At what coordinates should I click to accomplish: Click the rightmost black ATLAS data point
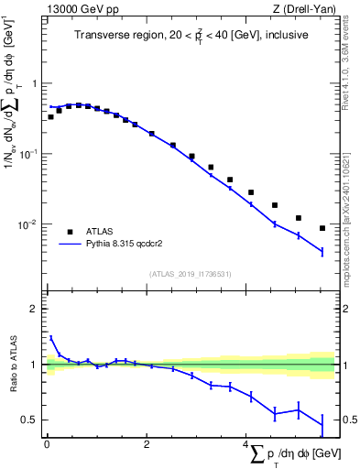(322, 228)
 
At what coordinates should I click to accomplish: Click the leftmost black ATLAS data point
(50, 116)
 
